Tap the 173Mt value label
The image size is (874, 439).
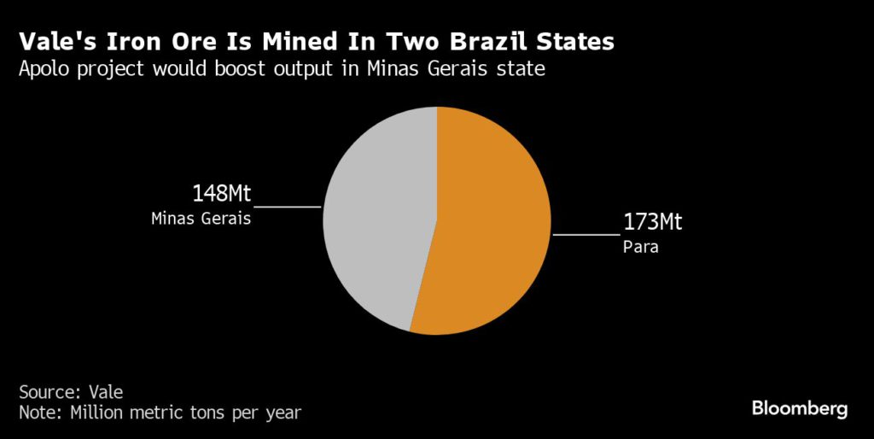[653, 224]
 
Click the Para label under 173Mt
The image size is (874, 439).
[641, 249]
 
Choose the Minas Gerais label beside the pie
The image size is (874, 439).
[201, 218]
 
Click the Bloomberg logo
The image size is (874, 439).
[800, 408]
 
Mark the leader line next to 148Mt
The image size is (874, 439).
[288, 206]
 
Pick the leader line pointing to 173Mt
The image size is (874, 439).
[586, 233]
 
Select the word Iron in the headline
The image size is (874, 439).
[130, 42]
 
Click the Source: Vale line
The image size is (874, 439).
[71, 392]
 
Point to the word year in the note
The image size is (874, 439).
[283, 413]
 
